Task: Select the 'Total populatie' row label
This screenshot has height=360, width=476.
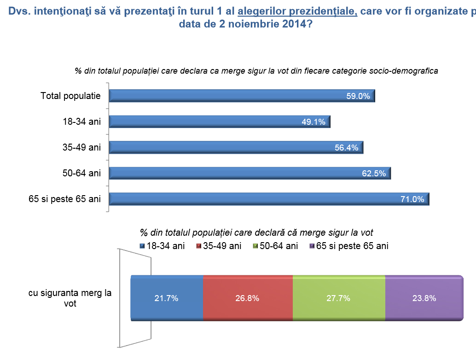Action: click(70, 96)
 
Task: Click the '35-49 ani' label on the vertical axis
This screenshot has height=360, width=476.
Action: click(81, 148)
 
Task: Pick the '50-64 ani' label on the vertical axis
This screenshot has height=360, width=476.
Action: click(81, 174)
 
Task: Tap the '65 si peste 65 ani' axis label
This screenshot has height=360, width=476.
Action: click(64, 199)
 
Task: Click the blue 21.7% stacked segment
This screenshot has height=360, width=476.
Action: click(167, 298)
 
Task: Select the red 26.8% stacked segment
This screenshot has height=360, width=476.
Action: click(248, 298)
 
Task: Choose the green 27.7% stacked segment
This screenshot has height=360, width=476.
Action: click(339, 298)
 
